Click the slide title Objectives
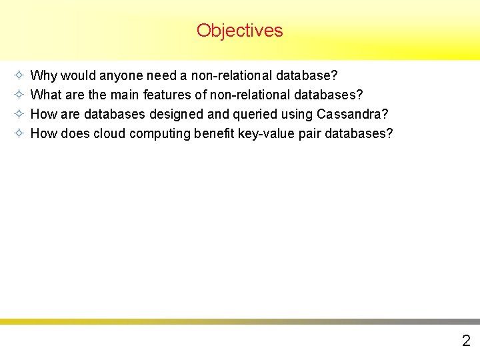pos(239,31)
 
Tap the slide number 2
pos(466,341)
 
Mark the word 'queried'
pos(243,114)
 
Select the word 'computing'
pos(160,133)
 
